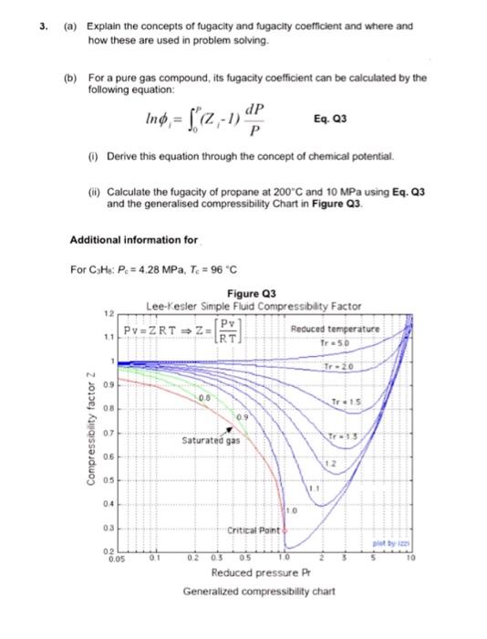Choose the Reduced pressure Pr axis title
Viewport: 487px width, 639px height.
[250, 573]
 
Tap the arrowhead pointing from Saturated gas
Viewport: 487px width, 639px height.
[229, 427]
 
